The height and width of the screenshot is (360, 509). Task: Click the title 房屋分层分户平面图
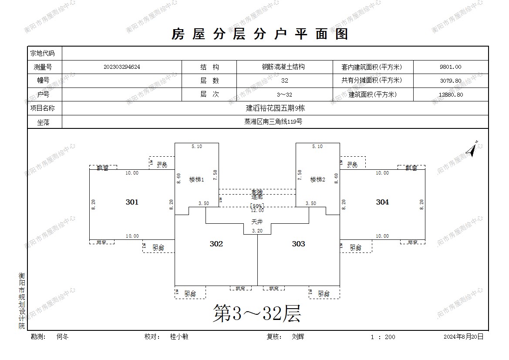click(x=260, y=34)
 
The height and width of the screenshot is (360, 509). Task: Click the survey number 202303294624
click(x=122, y=67)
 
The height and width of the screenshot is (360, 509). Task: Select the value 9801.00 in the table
click(x=451, y=67)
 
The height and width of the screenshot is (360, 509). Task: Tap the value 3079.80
click(x=451, y=81)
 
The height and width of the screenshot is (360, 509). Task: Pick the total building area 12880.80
click(x=451, y=94)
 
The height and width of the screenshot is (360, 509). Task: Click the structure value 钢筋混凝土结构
click(x=283, y=67)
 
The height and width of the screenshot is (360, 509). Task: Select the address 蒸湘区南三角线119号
click(x=273, y=122)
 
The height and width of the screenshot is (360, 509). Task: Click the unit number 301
click(x=132, y=202)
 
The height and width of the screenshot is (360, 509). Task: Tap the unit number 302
click(x=216, y=244)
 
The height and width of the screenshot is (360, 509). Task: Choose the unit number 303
click(x=298, y=244)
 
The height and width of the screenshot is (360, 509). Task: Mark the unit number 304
click(x=382, y=202)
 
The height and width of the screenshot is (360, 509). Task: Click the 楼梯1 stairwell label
click(x=197, y=179)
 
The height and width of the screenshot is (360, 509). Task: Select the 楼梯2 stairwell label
click(x=318, y=179)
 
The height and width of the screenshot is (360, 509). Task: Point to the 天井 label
click(x=257, y=221)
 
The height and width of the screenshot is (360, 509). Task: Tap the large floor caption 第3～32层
click(x=257, y=313)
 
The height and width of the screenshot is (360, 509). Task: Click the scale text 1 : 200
click(x=383, y=337)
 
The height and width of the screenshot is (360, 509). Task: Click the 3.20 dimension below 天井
click(x=257, y=231)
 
